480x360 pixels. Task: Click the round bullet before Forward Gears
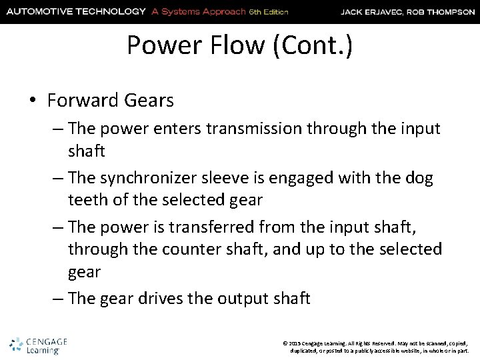33,101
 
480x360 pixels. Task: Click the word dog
417,179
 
